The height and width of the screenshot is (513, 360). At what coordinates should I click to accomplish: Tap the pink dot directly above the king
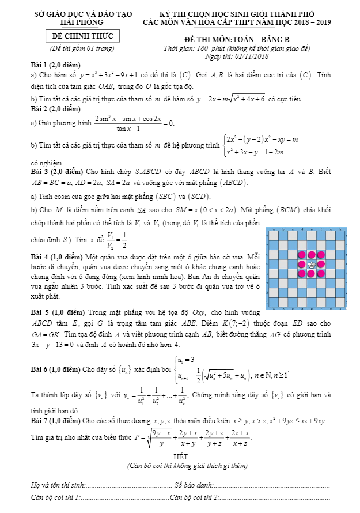coord(312,254)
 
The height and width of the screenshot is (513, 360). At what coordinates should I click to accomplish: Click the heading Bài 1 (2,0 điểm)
coord(56,65)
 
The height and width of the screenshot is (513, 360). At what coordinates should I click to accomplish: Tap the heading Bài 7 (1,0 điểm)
coord(56,421)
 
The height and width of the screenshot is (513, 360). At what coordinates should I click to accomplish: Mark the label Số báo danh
coord(195,485)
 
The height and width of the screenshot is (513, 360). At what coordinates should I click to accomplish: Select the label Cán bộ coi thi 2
coord(195,496)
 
